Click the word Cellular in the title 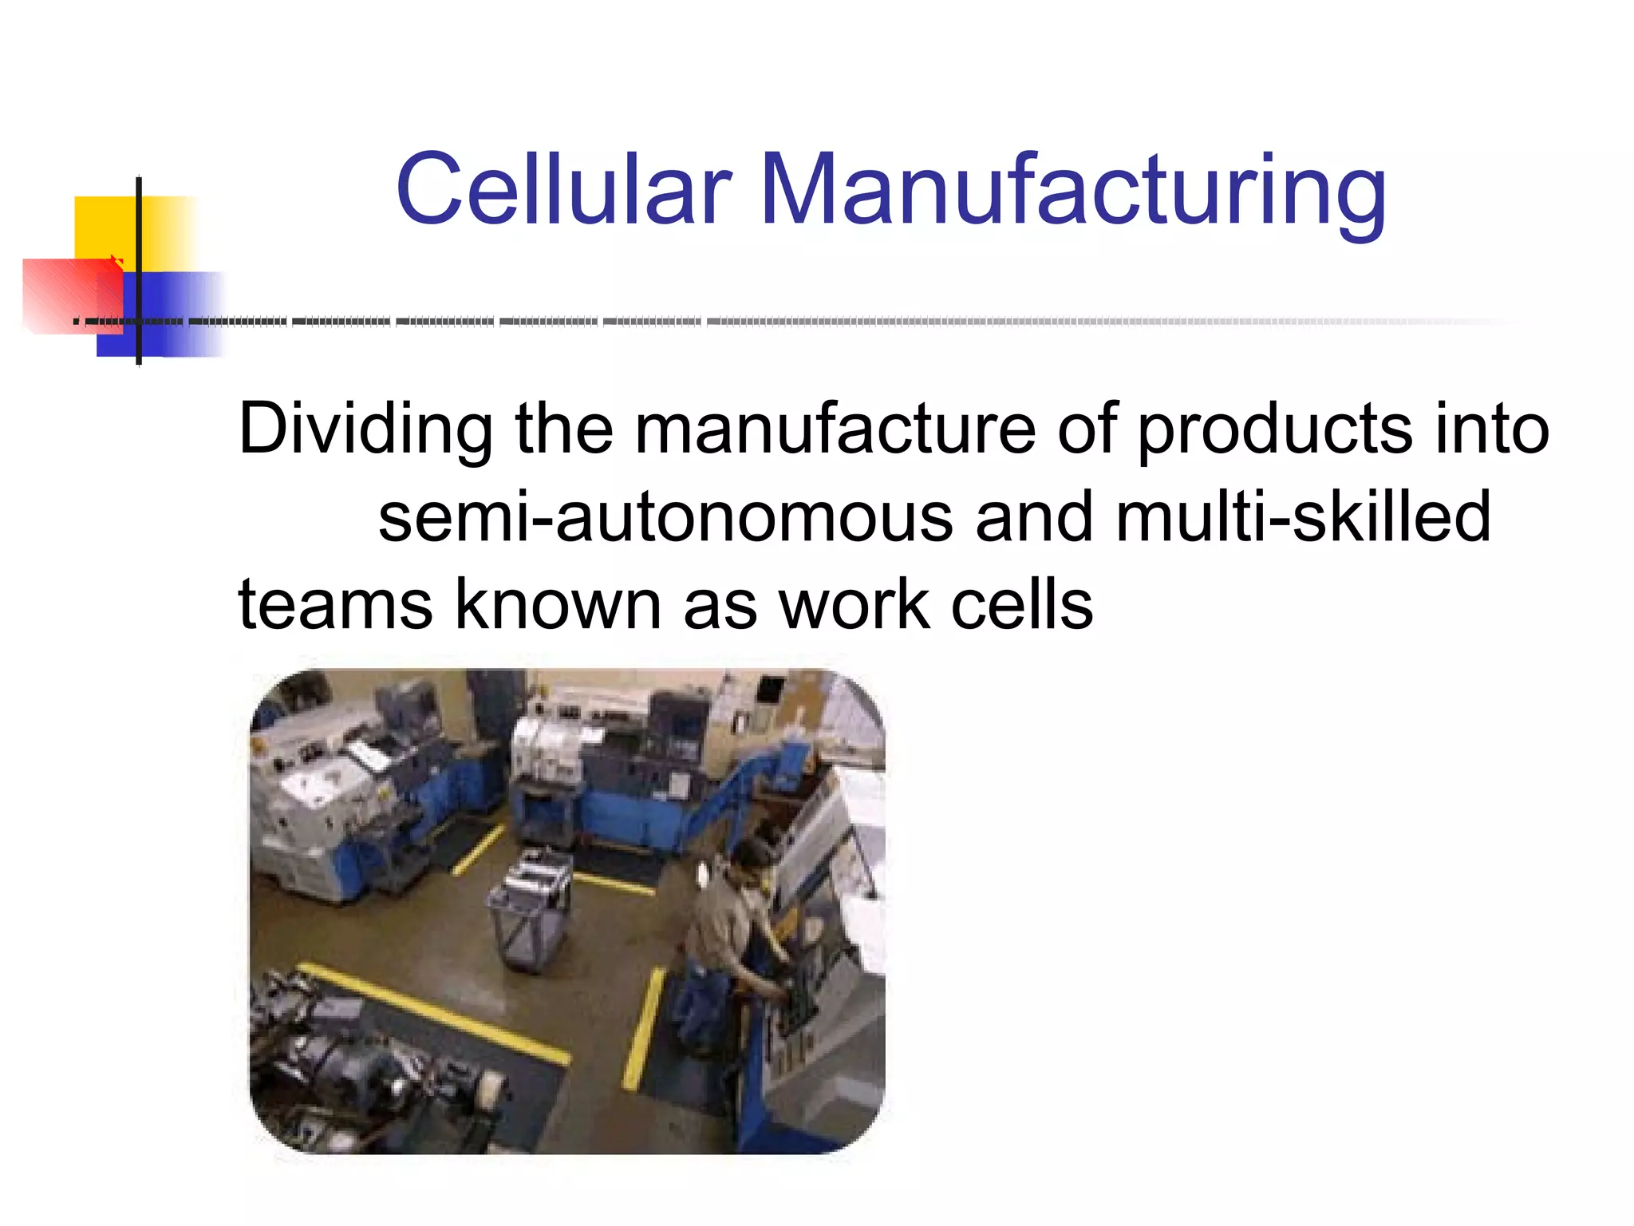tap(563, 190)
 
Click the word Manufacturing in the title tap(1073, 192)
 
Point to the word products tap(1273, 431)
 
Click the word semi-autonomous tap(665, 517)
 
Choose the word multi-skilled tap(1303, 517)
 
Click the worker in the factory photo tap(730, 926)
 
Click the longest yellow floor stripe tap(435, 1014)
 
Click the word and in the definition tap(1034, 517)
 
